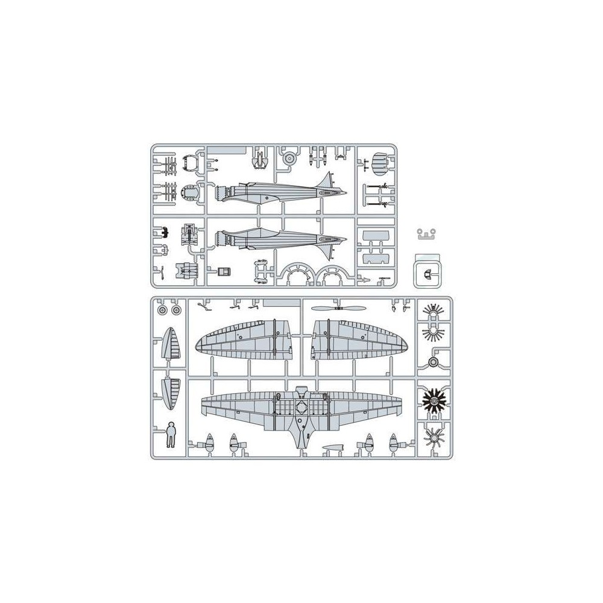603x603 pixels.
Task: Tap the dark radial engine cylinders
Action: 433,398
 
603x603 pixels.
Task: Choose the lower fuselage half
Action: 277,240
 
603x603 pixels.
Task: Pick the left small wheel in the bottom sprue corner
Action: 162,310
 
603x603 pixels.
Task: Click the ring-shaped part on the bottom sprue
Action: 433,361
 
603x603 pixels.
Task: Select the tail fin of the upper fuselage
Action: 329,181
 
